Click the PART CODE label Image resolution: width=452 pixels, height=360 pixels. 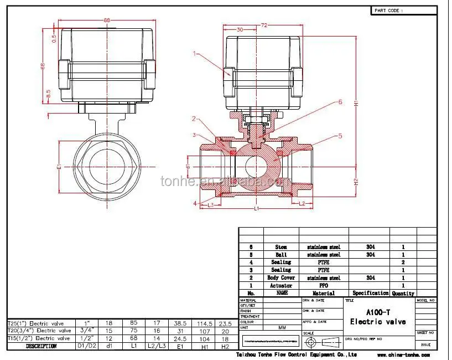pos(389,10)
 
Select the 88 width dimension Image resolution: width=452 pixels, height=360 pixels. pos(107,20)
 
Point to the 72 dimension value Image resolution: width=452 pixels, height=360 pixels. pos(264,25)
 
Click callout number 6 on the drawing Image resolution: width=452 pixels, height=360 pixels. pos(340,102)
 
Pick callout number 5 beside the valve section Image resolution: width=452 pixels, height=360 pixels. pos(340,136)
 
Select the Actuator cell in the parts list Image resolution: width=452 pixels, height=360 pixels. pos(280,285)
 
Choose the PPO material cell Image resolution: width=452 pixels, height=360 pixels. pos(324,285)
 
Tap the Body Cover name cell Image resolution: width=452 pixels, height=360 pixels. pos(280,277)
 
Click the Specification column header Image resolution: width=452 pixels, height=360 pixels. pos(370,293)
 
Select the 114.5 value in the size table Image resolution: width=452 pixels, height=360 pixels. pos(205,323)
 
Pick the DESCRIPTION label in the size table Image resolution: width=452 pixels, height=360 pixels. pos(41,346)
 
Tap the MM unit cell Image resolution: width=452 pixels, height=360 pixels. pos(282,327)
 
